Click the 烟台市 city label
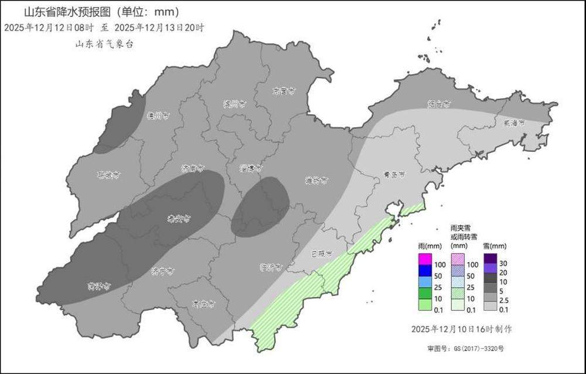click(438, 104)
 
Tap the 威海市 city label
click(514, 123)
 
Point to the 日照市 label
click(321, 254)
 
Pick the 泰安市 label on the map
click(178, 219)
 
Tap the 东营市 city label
click(284, 91)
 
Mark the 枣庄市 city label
click(204, 304)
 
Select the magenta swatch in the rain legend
click(425, 259)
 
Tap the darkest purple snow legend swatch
click(490, 259)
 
